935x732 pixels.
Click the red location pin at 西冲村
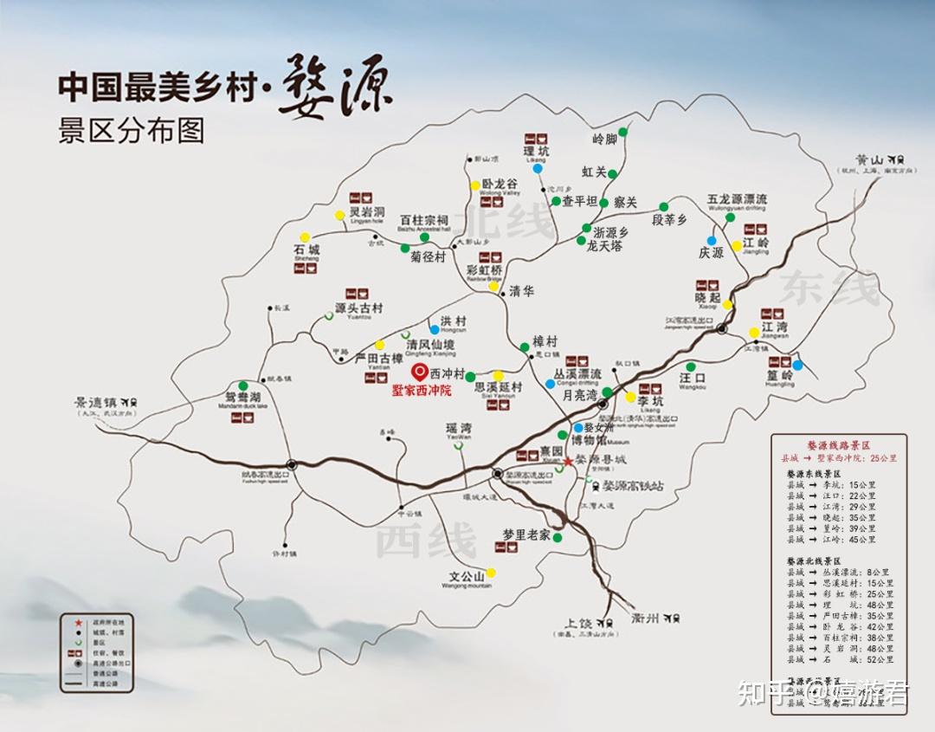pos(419,372)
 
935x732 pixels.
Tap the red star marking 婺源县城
pos(568,460)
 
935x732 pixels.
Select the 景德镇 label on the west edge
pos(98,403)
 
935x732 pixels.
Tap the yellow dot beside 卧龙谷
pos(474,185)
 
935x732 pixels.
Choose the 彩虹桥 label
pos(484,269)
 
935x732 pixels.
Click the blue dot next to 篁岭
pos(797,366)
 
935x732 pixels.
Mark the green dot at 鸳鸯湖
pos(243,386)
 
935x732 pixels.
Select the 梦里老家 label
pos(526,534)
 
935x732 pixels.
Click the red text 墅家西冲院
pos(422,391)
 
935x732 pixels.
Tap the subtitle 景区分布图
pos(131,130)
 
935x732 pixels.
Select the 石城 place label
pos(306,250)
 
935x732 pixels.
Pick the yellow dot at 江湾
pos(754,333)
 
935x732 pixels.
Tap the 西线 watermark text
pos(424,540)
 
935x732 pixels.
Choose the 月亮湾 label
pos(580,395)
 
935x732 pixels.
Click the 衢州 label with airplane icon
pos(647,618)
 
